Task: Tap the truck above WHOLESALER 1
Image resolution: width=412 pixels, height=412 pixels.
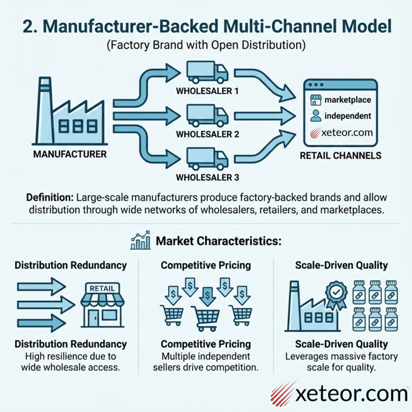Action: pyautogui.click(x=207, y=74)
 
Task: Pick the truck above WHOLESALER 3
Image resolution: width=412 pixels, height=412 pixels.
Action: pyautogui.click(x=207, y=157)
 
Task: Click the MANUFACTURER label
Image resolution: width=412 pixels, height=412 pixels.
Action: pyautogui.click(x=69, y=155)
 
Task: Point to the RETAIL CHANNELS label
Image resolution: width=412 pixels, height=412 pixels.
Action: pyautogui.click(x=340, y=156)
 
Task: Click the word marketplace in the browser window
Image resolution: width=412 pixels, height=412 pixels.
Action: pyautogui.click(x=348, y=100)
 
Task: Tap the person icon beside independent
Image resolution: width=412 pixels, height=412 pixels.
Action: pyautogui.click(x=315, y=116)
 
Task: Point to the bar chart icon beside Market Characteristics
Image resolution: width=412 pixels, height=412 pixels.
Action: pyautogui.click(x=140, y=241)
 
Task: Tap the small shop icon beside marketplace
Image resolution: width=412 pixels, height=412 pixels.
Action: pyautogui.click(x=315, y=100)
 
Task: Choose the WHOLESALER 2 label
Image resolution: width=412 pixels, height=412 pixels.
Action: pyautogui.click(x=207, y=134)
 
